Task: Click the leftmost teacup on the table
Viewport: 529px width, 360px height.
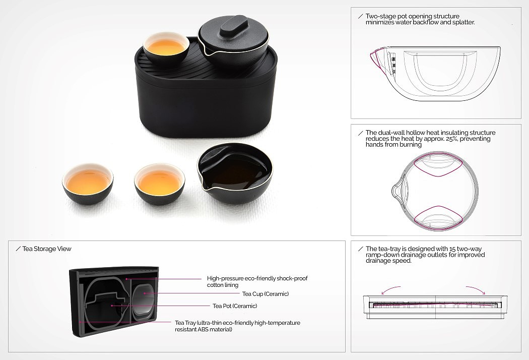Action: (88, 184)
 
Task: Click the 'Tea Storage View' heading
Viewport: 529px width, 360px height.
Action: (46, 249)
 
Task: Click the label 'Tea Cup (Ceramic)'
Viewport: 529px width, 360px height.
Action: (266, 294)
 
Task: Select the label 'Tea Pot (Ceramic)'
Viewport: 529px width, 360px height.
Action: (235, 306)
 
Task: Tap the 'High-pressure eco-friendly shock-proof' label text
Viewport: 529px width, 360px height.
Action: (257, 279)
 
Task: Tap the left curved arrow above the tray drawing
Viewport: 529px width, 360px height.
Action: (390, 289)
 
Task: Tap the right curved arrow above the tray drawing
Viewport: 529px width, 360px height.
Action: (476, 289)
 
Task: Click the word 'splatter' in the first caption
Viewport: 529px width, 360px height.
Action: (462, 22)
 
